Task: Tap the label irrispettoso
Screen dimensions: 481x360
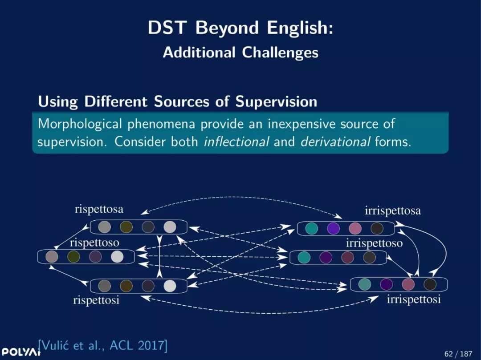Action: point(374,243)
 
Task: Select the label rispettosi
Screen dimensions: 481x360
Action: point(96,300)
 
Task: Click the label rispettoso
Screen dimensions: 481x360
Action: point(94,243)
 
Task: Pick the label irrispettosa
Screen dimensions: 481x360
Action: point(393,211)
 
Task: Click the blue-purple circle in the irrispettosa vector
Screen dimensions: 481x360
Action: point(334,228)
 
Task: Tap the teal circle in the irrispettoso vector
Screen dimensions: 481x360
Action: point(304,257)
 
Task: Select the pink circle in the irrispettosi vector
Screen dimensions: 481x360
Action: point(408,284)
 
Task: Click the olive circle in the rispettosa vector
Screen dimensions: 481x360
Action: point(126,227)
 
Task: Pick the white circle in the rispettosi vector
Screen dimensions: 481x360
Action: point(170,286)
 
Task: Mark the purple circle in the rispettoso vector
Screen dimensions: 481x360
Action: point(95,256)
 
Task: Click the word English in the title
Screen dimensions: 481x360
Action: point(300,28)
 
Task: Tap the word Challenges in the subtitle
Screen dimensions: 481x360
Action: point(280,53)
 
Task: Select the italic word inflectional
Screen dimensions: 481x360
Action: point(236,142)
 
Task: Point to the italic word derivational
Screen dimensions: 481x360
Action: point(335,142)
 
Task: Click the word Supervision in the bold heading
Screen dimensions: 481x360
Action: point(276,102)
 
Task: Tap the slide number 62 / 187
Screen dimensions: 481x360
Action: point(458,354)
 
